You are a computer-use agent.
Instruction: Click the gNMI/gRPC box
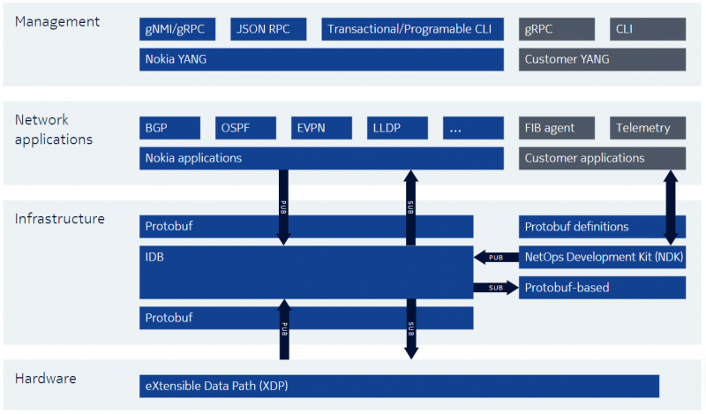coord(177,29)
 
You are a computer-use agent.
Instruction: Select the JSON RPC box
coord(268,29)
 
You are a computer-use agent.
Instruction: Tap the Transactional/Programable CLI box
coord(412,29)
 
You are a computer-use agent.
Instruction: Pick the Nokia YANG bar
coord(321,59)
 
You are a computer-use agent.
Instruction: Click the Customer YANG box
coord(602,59)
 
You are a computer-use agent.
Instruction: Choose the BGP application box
coord(169,128)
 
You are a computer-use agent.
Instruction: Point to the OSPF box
coord(245,128)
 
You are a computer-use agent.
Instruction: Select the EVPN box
coord(321,128)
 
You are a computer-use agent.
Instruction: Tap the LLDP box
coord(397,128)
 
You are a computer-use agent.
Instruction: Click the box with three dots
coord(473,128)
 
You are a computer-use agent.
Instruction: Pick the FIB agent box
coord(557,128)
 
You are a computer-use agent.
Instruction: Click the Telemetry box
coord(648,128)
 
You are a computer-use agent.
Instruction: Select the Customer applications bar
coord(602,158)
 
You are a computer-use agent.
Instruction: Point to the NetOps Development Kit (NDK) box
coord(602,257)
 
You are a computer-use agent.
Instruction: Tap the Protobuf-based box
coord(602,288)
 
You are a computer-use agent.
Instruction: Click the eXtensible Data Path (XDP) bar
coord(399,386)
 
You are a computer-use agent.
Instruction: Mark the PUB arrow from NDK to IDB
coord(496,257)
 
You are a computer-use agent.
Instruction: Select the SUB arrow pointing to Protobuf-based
coord(496,288)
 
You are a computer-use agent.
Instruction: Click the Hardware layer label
coord(46,379)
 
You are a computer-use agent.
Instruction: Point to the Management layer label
coord(57,21)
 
